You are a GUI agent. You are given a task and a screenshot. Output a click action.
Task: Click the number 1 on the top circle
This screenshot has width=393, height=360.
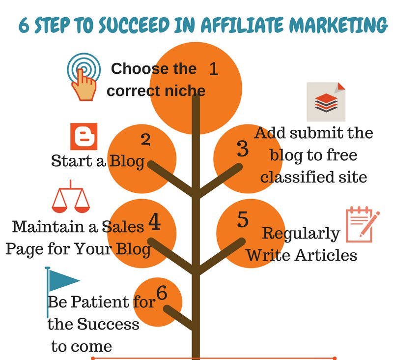click(213, 69)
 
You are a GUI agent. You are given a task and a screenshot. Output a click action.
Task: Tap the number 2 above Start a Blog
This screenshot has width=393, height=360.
click(145, 140)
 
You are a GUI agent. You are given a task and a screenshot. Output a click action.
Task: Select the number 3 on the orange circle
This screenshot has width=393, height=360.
click(243, 149)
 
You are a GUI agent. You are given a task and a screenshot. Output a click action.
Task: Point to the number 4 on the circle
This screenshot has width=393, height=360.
click(154, 222)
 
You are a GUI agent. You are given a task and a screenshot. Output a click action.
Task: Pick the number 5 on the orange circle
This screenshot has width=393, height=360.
click(243, 220)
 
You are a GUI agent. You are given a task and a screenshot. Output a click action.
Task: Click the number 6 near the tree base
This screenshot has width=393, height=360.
click(162, 293)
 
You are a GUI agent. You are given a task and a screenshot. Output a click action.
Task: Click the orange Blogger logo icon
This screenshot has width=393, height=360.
click(84, 137)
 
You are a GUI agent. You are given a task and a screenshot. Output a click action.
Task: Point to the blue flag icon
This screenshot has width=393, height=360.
click(61, 285)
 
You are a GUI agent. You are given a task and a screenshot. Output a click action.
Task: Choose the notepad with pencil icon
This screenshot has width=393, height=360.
click(363, 224)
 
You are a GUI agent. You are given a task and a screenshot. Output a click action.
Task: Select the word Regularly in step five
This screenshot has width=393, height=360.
click(301, 233)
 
